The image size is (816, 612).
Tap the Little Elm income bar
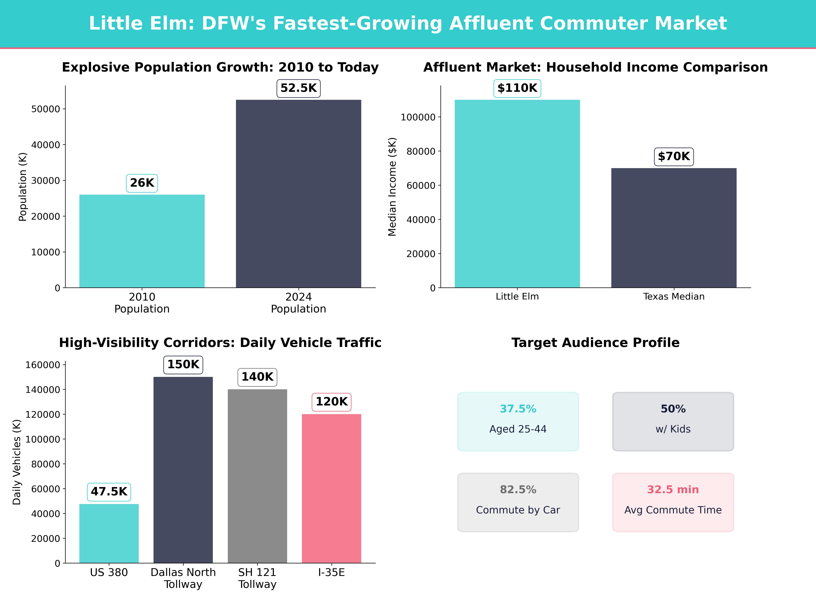(517, 194)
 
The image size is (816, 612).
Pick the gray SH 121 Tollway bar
(257, 476)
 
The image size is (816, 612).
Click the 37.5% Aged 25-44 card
(518, 421)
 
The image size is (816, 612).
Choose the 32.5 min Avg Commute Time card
(673, 502)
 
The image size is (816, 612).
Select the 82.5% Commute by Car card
(518, 502)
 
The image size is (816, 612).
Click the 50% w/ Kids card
(673, 421)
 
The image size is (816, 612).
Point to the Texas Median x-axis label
(674, 297)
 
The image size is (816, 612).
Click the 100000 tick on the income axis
(418, 117)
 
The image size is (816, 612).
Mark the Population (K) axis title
(23, 187)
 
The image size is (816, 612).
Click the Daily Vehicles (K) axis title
(17, 462)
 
